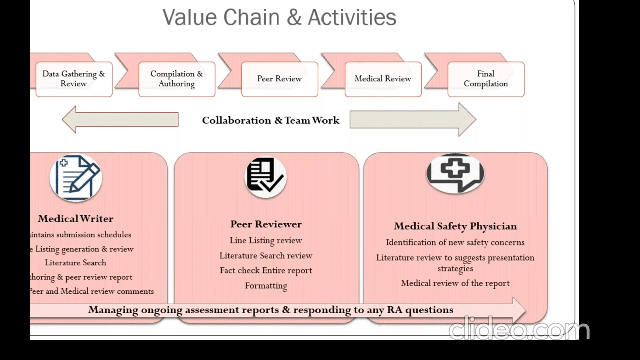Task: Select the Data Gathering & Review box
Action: click(74, 79)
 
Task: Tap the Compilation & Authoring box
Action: click(177, 79)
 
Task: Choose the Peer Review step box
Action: click(280, 79)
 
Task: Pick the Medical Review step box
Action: click(383, 79)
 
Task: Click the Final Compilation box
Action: click(486, 79)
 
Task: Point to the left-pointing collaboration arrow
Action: click(120, 120)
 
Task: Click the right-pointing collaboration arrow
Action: click(413, 120)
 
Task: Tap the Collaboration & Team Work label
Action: click(270, 120)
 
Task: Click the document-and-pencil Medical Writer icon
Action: click(76, 178)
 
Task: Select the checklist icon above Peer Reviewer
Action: click(266, 177)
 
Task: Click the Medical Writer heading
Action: click(76, 219)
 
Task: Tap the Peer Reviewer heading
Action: click(266, 224)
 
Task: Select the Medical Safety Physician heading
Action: click(455, 226)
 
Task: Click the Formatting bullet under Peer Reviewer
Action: click(266, 286)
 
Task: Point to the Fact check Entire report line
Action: click(266, 271)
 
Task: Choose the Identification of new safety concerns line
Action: click(455, 243)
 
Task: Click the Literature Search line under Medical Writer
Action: click(76, 263)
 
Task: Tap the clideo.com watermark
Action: click(519, 330)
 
